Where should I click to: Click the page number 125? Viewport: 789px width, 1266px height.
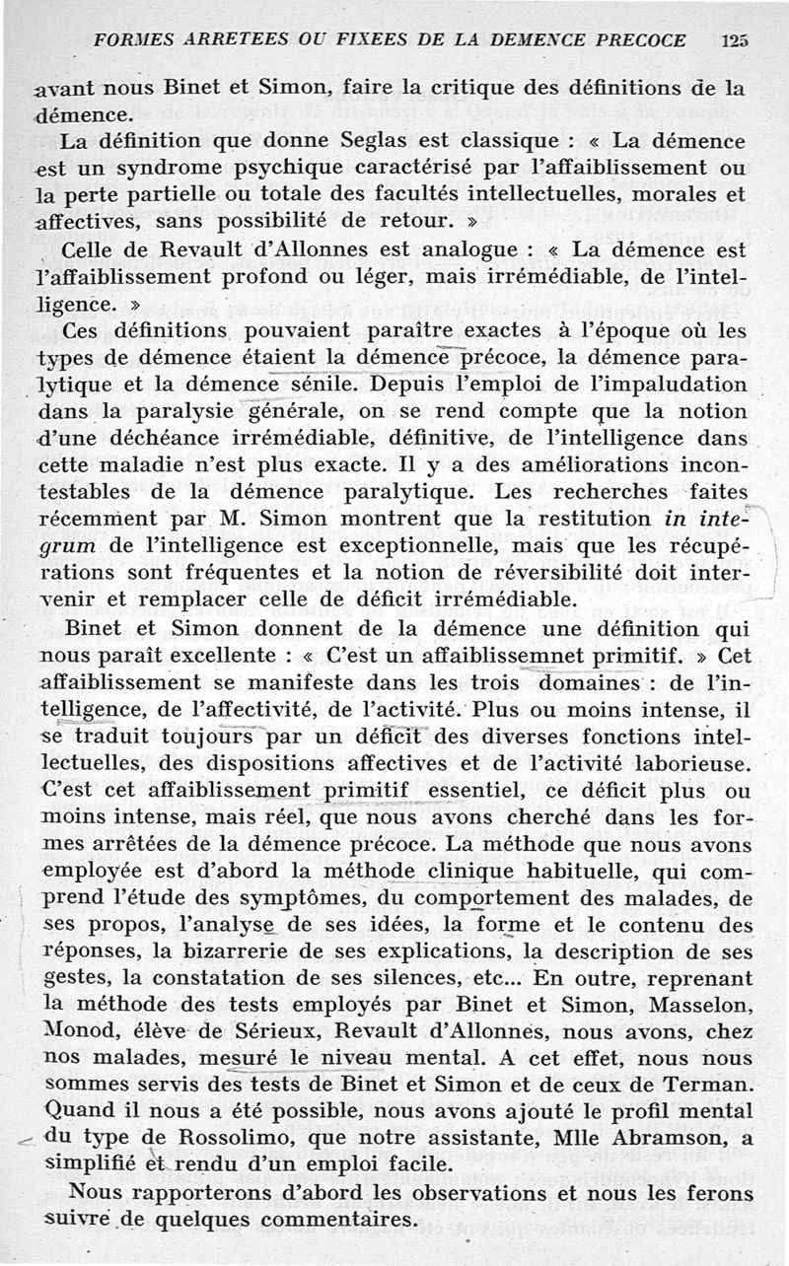(735, 40)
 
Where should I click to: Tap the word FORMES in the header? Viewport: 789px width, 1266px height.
(131, 40)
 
